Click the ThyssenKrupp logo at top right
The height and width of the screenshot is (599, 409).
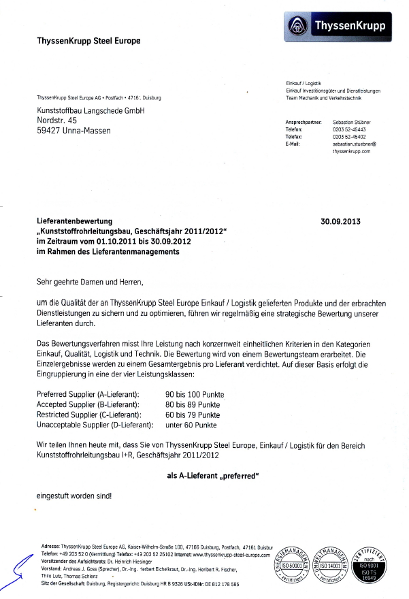coord(336,26)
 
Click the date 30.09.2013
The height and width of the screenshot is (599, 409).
coord(340,221)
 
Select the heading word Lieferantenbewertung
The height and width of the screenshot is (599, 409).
coord(73,221)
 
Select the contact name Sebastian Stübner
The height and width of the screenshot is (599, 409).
coord(352,122)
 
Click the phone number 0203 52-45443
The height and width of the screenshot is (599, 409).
coord(349,129)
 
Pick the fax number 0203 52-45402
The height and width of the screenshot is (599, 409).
coord(349,137)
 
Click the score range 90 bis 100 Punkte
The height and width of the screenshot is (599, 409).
coord(195,395)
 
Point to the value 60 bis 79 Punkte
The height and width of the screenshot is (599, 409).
coord(193,415)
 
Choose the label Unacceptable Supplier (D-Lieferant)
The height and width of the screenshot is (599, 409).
coord(95,425)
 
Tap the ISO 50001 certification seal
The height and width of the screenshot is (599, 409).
coord(289,565)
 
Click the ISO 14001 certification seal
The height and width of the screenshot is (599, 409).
coord(330,565)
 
